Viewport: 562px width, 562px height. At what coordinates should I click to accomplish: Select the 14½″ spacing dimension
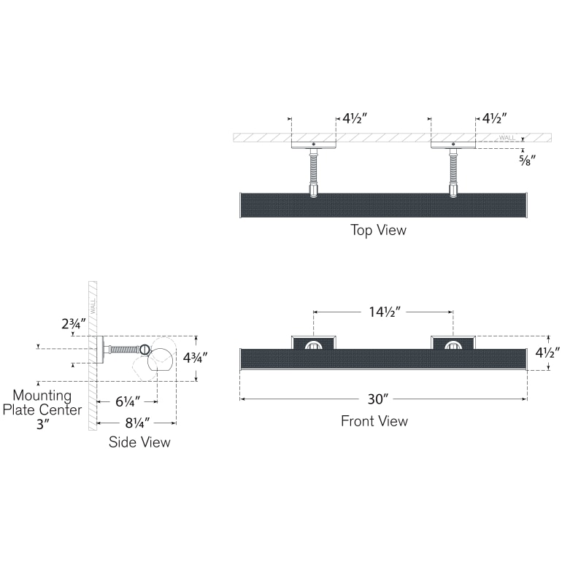pos(383,312)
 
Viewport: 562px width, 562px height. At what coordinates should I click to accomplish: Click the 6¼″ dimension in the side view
pos(127,400)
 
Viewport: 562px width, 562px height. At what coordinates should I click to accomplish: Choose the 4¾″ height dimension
pos(195,358)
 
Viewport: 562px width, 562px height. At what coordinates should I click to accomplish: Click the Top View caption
pos(378,231)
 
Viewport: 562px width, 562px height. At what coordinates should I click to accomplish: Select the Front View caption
pos(374,421)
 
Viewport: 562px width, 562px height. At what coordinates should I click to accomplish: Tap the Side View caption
pos(139,442)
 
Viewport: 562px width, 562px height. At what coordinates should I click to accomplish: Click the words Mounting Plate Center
pos(42,403)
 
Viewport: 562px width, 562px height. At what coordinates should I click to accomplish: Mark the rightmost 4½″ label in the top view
pos(494,118)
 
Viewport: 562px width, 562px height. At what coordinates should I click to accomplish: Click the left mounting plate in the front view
pos(314,342)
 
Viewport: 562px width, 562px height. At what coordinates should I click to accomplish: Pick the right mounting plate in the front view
pos(453,342)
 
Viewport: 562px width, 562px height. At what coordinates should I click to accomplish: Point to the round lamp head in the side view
pos(161,359)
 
